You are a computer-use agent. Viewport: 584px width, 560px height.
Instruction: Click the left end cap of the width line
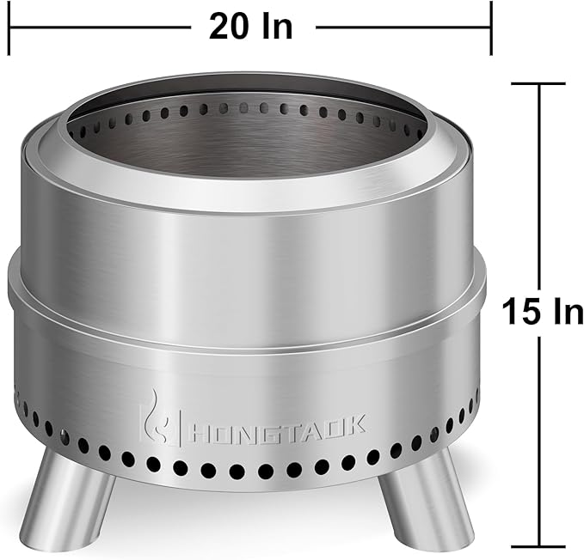10,27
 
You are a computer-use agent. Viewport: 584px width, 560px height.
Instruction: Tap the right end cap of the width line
490,27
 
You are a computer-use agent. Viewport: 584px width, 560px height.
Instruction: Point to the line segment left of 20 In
99,27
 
